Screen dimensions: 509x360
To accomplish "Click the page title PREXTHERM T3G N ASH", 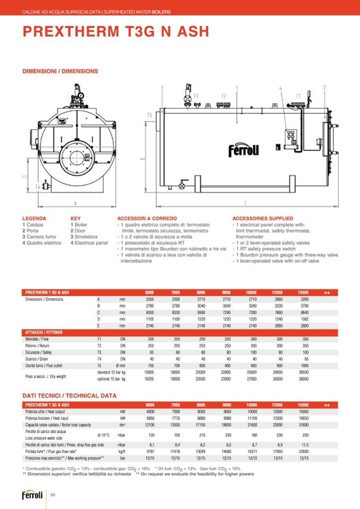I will [115, 32].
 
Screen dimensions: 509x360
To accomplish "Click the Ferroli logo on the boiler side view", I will [243, 150].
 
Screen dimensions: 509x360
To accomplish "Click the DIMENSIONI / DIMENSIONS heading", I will [60, 71].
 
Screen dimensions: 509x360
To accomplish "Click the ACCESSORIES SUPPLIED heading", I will [263, 218].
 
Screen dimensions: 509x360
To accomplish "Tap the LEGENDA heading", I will [34, 218].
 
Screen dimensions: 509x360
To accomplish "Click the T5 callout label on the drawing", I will [150, 115].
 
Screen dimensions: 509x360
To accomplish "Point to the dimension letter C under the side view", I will [245, 203].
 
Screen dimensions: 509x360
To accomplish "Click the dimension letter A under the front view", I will [75, 203].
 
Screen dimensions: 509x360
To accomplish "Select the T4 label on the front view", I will [38, 186].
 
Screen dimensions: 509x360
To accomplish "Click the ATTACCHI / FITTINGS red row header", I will [45, 332].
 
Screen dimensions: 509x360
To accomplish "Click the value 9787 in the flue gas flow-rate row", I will [150, 451].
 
